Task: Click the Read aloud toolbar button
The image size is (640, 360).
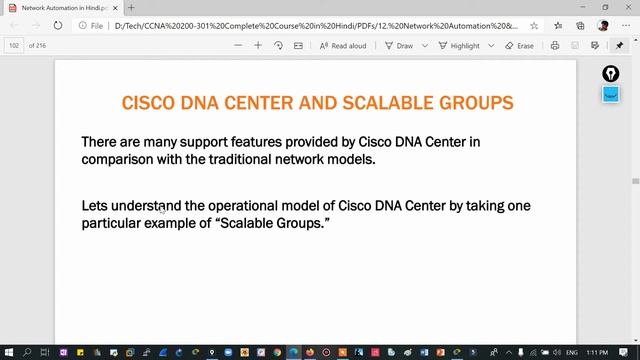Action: [x=343, y=45]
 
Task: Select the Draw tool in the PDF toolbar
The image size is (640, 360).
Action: [x=398, y=45]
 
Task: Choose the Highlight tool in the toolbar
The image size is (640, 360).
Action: [x=458, y=45]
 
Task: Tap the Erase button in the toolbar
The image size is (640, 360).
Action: [x=520, y=45]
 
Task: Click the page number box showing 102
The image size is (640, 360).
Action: [x=14, y=45]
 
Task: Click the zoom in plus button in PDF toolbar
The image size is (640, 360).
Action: [x=258, y=45]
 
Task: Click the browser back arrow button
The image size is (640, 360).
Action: [x=12, y=25]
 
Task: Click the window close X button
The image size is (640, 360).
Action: [x=627, y=7]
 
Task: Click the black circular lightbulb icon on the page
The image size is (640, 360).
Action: [x=610, y=75]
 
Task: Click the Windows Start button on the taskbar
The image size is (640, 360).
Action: [x=8, y=352]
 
